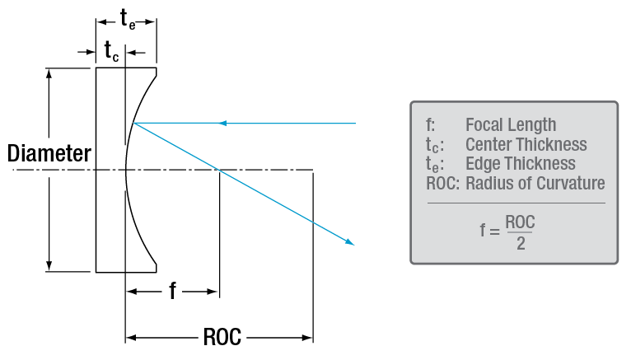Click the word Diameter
coord(49,153)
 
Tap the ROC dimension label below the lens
coord(221,337)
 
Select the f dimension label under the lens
coord(172,292)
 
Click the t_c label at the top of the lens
coord(110,52)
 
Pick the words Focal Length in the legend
coord(511,125)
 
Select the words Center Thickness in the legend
coord(526,145)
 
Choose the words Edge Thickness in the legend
coord(520,164)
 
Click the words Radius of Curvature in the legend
coord(535,183)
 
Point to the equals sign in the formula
coord(492,232)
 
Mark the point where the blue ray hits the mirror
coord(133,124)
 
